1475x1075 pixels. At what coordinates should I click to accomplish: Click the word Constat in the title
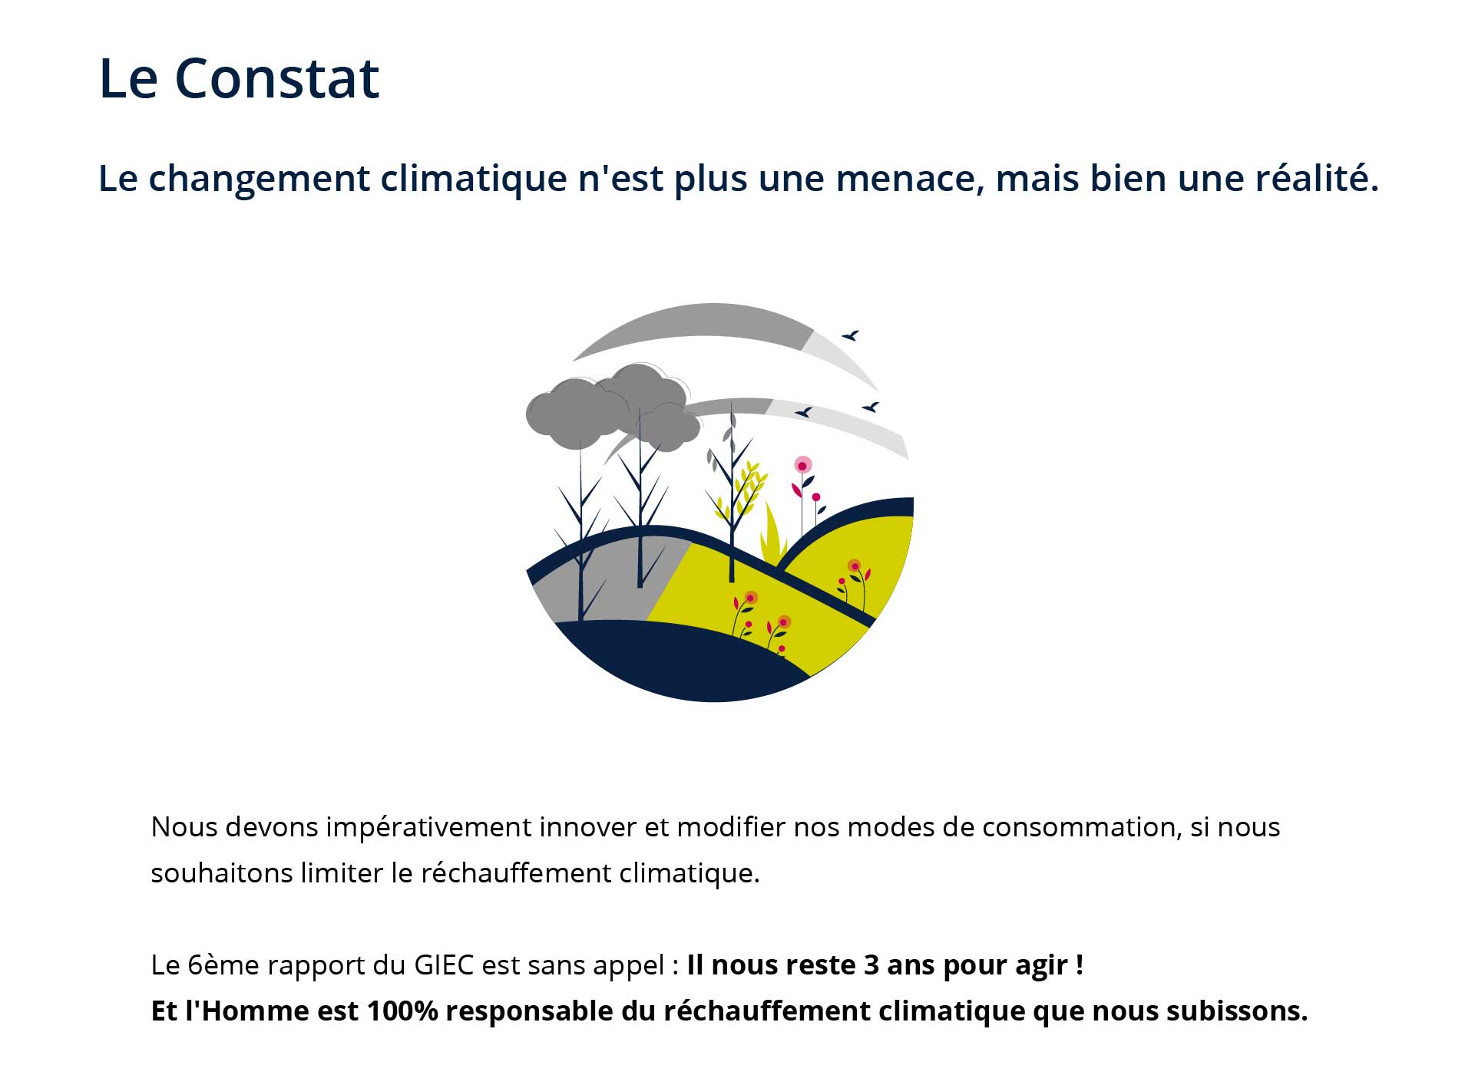(277, 78)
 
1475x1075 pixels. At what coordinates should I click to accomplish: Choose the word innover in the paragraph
(587, 827)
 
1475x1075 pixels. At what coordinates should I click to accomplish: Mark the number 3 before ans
(871, 965)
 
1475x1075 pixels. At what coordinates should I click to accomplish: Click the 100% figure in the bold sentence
(402, 1011)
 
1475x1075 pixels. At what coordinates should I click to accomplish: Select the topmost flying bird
(851, 335)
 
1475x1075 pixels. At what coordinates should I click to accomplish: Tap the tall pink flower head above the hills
(802, 466)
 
